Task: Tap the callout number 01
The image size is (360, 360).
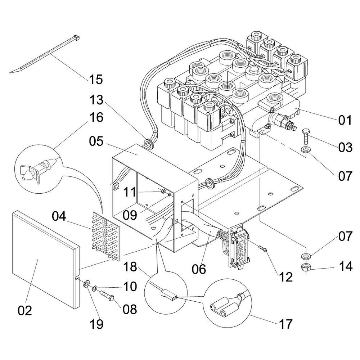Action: coord(345,120)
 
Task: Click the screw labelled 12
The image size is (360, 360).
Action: coord(263,248)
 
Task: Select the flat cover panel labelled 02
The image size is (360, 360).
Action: coord(43,259)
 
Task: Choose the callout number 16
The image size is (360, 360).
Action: coord(95,118)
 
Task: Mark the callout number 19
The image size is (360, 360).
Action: coord(96,324)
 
